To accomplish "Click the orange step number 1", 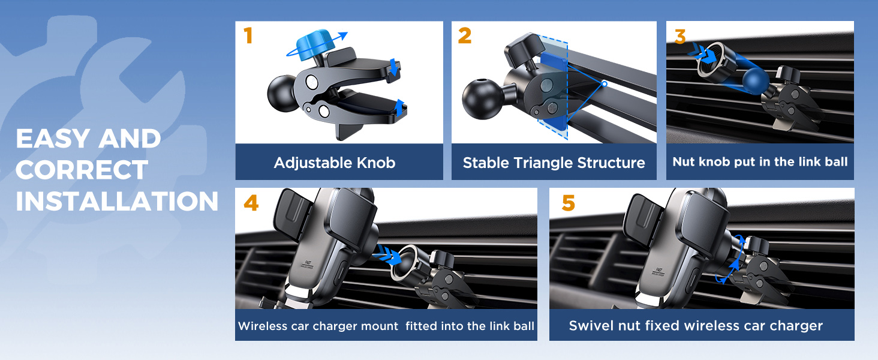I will click(248, 36).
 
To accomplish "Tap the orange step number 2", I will click(465, 36).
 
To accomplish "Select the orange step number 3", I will click(679, 36).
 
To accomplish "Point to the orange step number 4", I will click(251, 203).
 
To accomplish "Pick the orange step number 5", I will click(568, 203).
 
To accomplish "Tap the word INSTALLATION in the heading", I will click(117, 202).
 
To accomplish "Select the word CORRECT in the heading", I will click(82, 170).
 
